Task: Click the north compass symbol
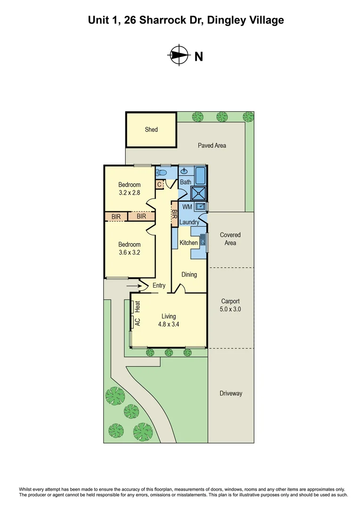tap(177, 55)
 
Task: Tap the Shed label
tap(151, 129)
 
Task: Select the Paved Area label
tap(212, 146)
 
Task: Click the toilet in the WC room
tap(164, 173)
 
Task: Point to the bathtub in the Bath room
tap(200, 175)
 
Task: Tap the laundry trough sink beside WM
tap(200, 206)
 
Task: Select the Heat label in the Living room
tap(138, 307)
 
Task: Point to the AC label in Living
tap(138, 322)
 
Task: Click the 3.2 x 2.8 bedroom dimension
tap(129, 192)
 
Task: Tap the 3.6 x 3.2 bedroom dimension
tap(129, 252)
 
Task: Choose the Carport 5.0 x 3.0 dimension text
tap(230, 309)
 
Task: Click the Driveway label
tap(230, 393)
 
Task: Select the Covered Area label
tap(230, 238)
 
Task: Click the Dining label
tap(189, 274)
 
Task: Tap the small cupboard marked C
tap(160, 185)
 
